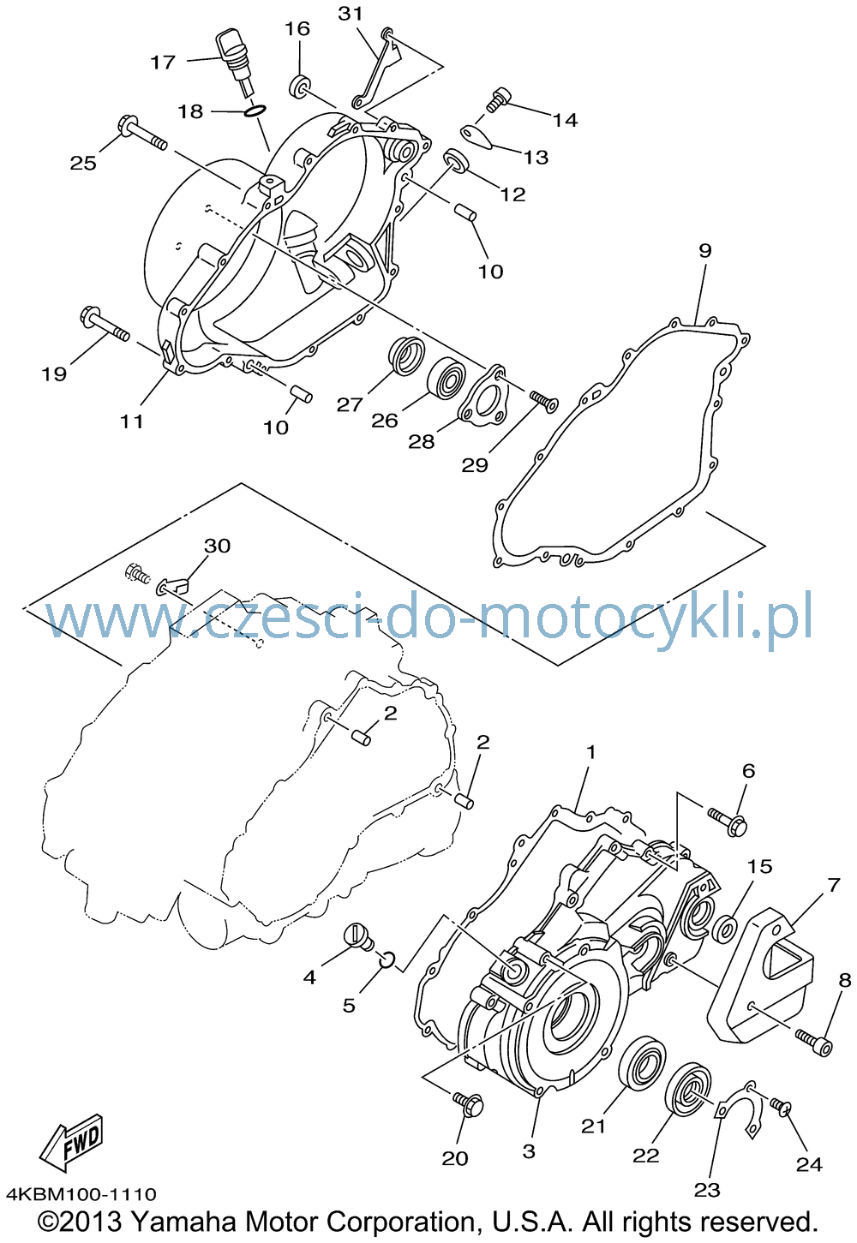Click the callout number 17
click(163, 63)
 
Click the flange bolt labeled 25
click(142, 133)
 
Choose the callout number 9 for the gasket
click(704, 251)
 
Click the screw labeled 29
click(543, 401)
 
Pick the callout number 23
click(706, 1189)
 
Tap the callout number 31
click(351, 14)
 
